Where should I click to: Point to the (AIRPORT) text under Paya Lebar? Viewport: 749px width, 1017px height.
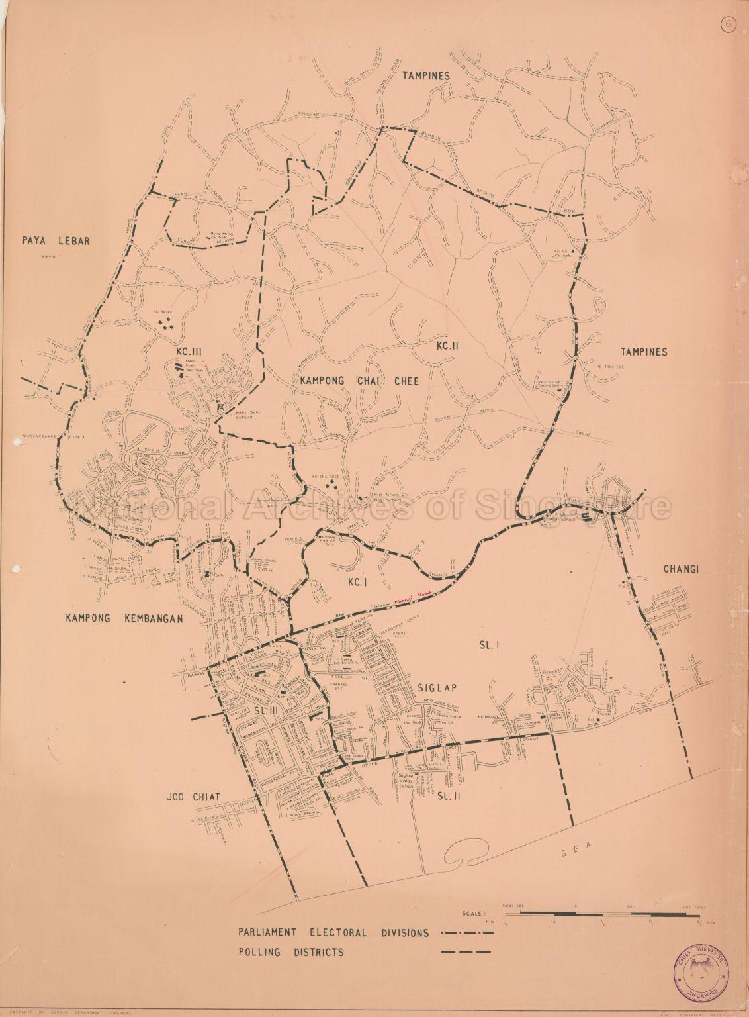pos(50,255)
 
